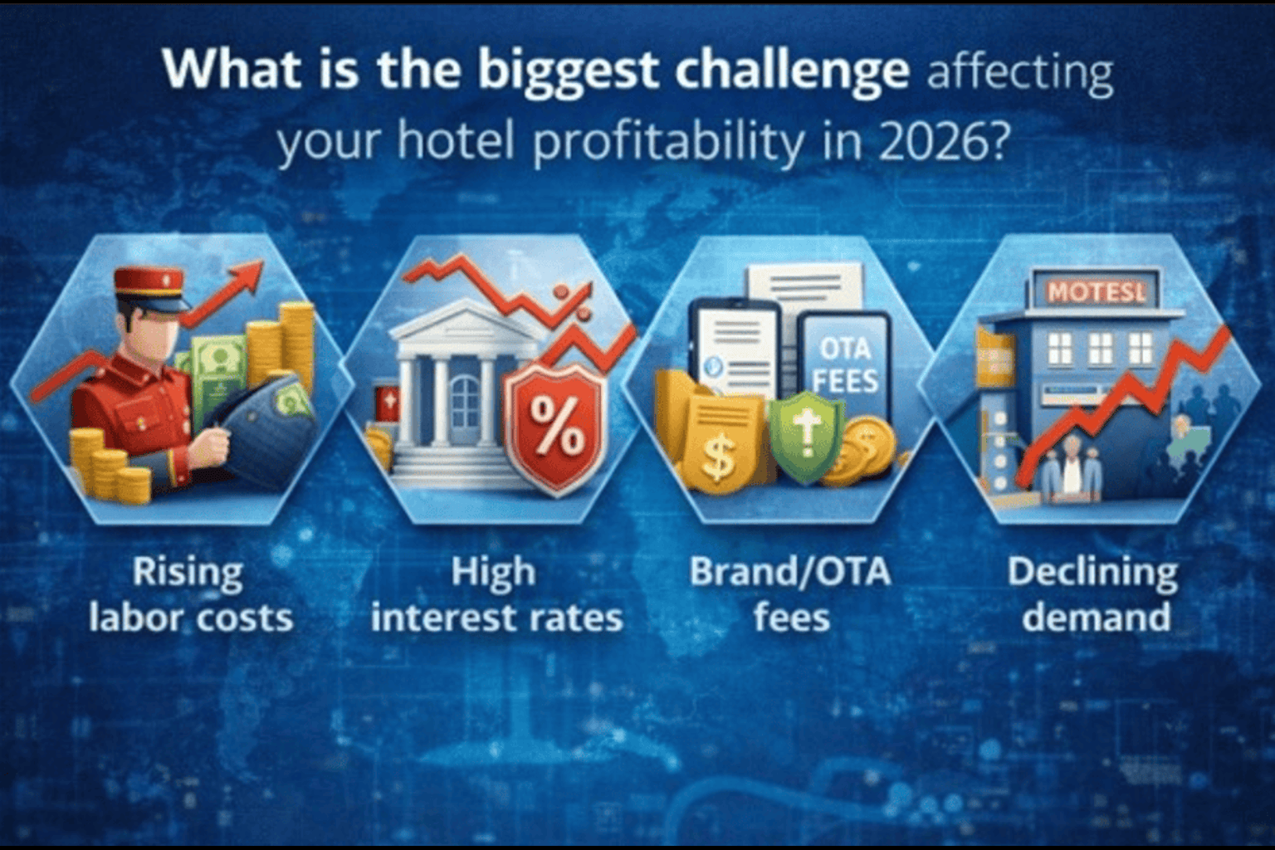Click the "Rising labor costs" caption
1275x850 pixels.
pyautogui.click(x=190, y=595)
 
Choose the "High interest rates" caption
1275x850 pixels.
pyautogui.click(x=497, y=595)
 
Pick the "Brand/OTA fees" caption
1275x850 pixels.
pyautogui.click(x=790, y=595)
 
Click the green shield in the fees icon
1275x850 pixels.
pyautogui.click(x=806, y=436)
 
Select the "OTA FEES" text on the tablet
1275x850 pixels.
pyautogui.click(x=845, y=365)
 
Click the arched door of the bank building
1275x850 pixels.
pyautogui.click(x=465, y=403)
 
